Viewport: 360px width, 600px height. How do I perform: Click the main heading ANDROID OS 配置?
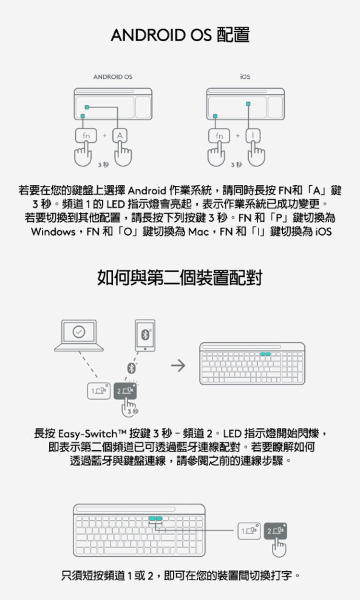tap(180, 35)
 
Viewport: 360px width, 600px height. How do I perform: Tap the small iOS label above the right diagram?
tap(245, 77)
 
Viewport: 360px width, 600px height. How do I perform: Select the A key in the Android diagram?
tap(120, 136)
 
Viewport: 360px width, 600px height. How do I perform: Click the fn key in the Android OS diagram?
tap(86, 136)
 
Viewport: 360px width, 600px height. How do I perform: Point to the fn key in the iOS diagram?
tap(219, 136)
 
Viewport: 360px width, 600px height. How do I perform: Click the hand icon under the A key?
tap(120, 155)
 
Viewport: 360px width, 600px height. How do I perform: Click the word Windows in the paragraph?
tap(52, 232)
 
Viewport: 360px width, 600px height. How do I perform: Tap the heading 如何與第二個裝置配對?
tap(180, 278)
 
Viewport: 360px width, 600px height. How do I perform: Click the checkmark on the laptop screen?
tap(78, 332)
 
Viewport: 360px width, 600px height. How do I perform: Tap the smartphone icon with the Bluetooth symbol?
tap(144, 335)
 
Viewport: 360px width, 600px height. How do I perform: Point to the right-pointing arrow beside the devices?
tap(178, 367)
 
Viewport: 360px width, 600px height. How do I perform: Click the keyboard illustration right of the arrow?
tap(252, 363)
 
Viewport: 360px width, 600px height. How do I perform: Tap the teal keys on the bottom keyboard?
tap(156, 519)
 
